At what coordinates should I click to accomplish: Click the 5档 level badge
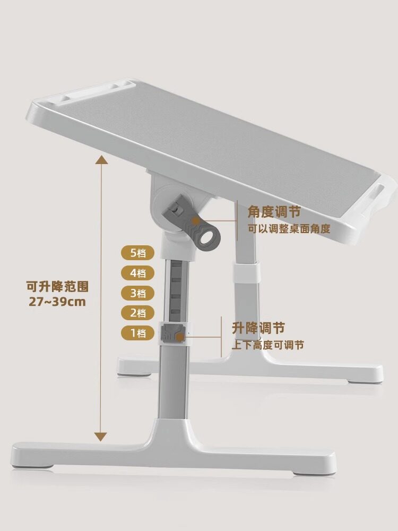137,253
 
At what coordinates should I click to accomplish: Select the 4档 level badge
137,273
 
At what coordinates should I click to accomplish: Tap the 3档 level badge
137,293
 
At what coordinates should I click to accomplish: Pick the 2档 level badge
137,313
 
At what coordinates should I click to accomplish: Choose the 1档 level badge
137,333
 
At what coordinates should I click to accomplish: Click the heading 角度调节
274,212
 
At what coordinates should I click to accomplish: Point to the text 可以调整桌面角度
289,229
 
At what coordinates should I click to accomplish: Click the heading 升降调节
258,328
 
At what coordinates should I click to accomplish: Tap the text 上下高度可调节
267,345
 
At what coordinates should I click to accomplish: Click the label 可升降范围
57,287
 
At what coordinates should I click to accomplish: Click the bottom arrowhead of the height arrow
100,436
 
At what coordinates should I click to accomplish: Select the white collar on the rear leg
246,271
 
